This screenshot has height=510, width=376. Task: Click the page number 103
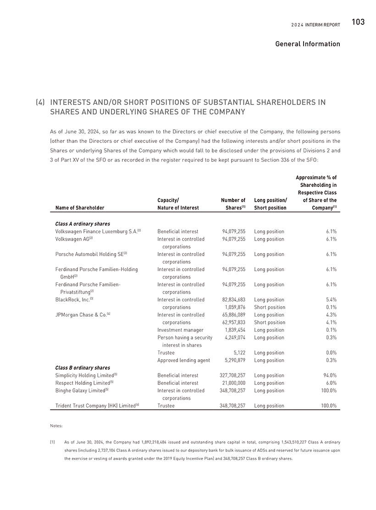point(358,22)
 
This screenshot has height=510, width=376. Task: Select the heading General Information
point(308,44)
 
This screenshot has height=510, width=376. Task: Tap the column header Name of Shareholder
point(80,208)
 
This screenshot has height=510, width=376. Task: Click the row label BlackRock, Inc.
point(72,300)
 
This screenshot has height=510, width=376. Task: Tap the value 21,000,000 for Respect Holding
point(232,383)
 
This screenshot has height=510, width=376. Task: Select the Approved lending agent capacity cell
point(183,360)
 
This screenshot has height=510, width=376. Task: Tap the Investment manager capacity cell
point(177,330)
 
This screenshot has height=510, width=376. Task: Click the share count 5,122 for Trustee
point(238,353)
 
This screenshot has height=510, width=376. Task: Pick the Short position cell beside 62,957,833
point(270,322)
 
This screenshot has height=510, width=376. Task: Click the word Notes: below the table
point(56,426)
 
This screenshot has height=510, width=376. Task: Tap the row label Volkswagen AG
point(72,239)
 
